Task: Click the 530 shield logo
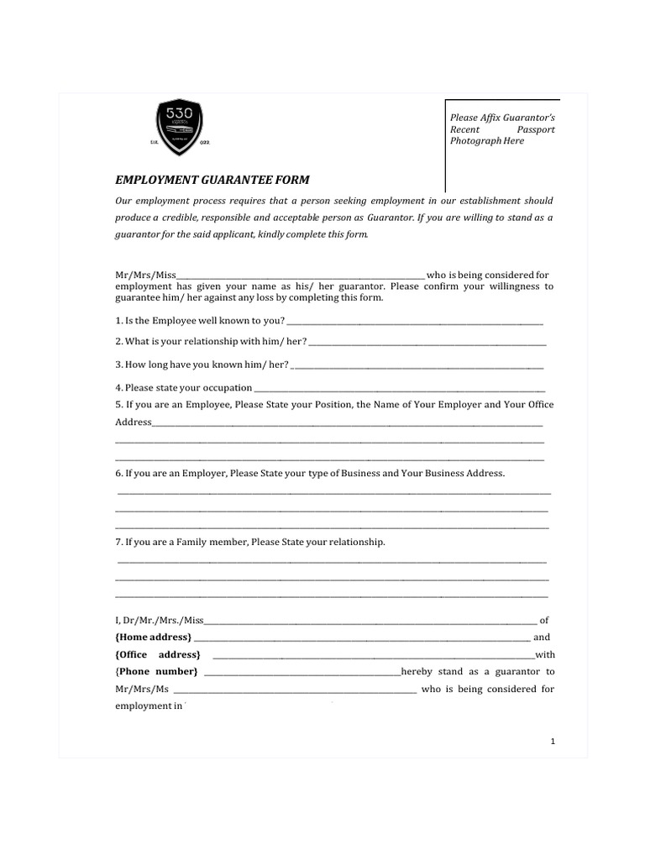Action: [x=181, y=127]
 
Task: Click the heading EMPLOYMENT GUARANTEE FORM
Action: [x=212, y=180]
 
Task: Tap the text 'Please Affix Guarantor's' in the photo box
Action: [x=503, y=117]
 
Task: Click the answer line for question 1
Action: [x=415, y=323]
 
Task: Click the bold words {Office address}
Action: [x=157, y=654]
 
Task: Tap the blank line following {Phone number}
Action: [x=302, y=674]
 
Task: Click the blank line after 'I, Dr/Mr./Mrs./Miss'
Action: [x=370, y=622]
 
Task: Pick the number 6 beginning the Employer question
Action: [x=118, y=474]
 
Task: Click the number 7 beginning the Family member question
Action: [x=118, y=543]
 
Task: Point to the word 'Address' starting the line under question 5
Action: [x=133, y=422]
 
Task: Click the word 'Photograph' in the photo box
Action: [x=475, y=141]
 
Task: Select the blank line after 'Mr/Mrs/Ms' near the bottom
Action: [x=294, y=691]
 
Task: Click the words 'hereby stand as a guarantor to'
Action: [x=478, y=672]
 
